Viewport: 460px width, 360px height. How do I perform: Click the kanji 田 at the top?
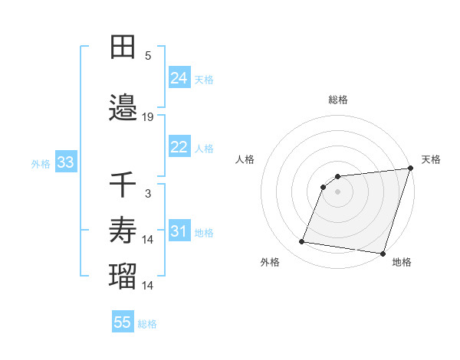(123, 48)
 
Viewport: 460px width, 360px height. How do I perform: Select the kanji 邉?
(123, 108)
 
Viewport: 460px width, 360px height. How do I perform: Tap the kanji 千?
(123, 185)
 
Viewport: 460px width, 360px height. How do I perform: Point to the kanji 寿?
(123, 229)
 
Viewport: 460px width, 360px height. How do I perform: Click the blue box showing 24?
(179, 78)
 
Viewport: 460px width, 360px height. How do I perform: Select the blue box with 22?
(179, 147)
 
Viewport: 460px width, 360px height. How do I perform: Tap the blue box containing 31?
(179, 231)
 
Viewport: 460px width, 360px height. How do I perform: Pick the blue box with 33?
(65, 162)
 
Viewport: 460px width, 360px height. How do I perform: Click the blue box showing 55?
(123, 322)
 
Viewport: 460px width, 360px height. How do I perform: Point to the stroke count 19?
(148, 117)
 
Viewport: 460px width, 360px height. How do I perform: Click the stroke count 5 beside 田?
(148, 56)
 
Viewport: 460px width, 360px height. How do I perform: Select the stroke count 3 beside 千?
(148, 194)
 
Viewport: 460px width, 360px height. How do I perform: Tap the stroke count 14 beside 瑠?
(148, 286)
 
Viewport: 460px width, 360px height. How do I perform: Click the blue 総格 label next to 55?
(147, 324)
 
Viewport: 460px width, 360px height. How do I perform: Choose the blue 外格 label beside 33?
(40, 164)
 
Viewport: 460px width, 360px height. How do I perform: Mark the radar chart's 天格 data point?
(410, 169)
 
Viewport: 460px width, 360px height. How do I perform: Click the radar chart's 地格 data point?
(382, 253)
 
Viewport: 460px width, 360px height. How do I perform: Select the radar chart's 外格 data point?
(302, 242)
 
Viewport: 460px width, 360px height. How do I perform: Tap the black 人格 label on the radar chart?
(245, 159)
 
